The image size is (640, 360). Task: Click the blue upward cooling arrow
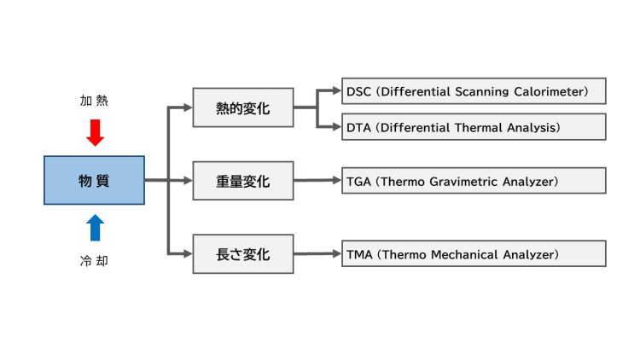tap(95, 227)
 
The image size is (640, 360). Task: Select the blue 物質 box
tap(94, 180)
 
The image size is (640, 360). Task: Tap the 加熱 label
tap(94, 102)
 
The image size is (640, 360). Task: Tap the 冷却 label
tap(94, 261)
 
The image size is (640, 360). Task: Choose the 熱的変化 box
tap(243, 108)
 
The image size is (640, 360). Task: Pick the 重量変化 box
tap(243, 181)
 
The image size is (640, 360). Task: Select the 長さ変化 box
tap(243, 253)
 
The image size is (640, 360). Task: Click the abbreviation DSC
tap(359, 91)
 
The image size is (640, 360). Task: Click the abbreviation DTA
tap(359, 127)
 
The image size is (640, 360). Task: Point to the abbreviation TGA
tap(359, 181)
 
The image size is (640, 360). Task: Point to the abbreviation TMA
tap(360, 253)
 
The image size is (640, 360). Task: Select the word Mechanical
tap(467, 253)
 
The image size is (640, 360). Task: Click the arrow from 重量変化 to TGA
tap(317, 181)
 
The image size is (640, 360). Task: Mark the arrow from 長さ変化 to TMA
tap(317, 253)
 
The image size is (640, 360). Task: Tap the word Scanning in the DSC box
tap(482, 91)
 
